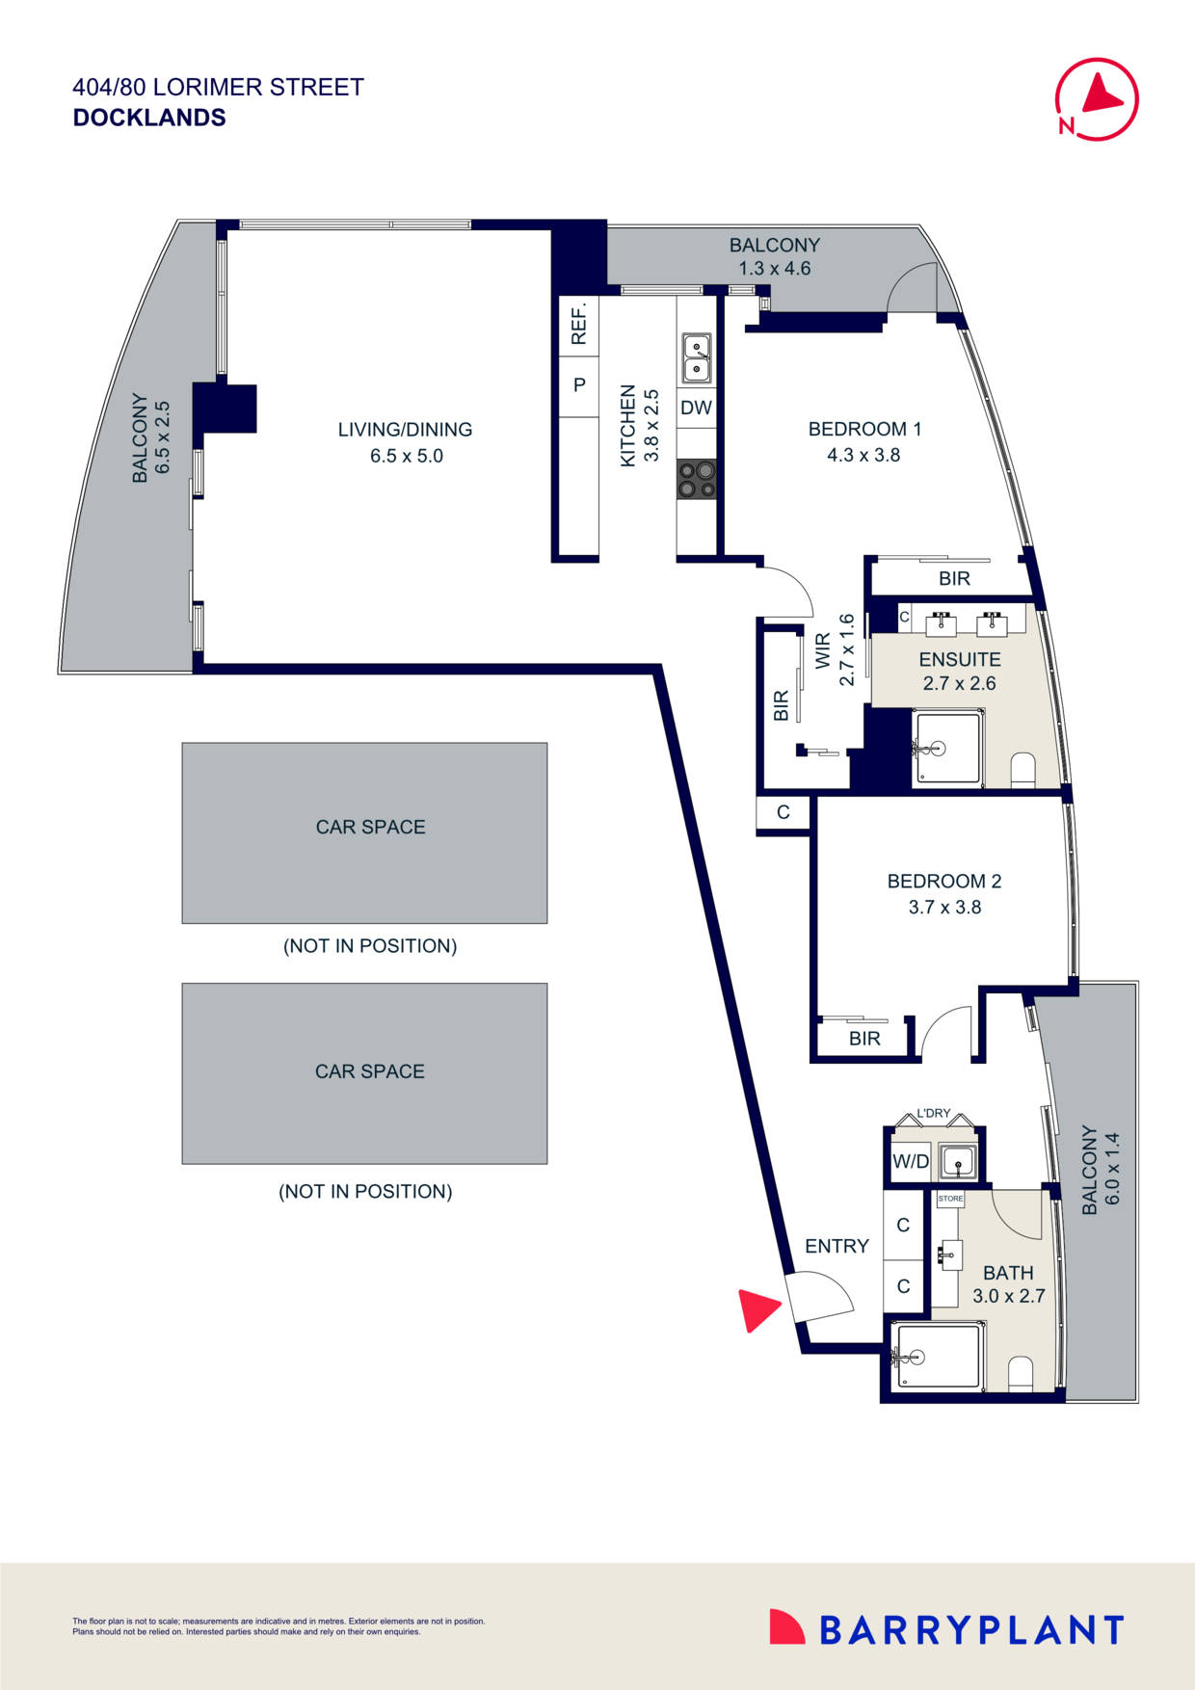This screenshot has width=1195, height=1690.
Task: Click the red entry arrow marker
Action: click(x=757, y=1309)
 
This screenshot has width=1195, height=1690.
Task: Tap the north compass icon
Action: click(x=1097, y=99)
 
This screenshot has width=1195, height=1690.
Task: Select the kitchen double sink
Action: click(x=697, y=357)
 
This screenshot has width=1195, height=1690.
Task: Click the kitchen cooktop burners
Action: click(x=697, y=479)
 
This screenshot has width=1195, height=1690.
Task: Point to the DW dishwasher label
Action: click(x=696, y=408)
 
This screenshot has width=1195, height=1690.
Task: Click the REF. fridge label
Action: click(x=579, y=325)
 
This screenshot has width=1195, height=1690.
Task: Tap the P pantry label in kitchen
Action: click(x=579, y=385)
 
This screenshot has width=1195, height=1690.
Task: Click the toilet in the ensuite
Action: click(x=1022, y=769)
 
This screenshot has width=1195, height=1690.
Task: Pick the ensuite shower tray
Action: click(x=948, y=748)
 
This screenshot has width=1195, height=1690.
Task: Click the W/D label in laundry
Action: click(x=910, y=1161)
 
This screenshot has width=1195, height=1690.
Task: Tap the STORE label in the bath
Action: click(x=950, y=1199)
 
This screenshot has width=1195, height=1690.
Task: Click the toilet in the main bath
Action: click(x=1021, y=1372)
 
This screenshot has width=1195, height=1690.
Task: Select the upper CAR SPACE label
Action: click(x=370, y=827)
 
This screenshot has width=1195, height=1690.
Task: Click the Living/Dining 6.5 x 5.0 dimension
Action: click(x=406, y=456)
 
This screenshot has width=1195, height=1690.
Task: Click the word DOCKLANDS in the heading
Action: click(x=149, y=118)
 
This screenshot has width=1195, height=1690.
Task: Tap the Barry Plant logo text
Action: click(x=970, y=1630)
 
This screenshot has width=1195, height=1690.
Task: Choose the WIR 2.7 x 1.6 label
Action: click(x=835, y=650)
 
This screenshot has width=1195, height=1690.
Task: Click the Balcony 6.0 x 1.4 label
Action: click(x=1100, y=1169)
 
